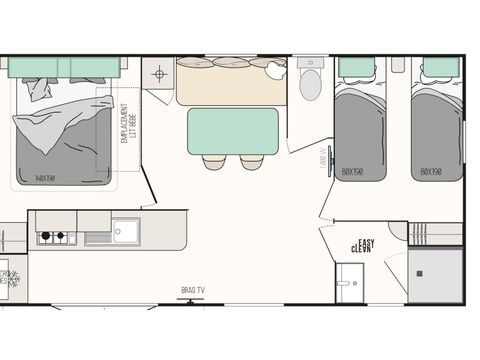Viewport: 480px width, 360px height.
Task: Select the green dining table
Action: [x=233, y=130]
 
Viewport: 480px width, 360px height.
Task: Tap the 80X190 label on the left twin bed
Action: [x=351, y=171]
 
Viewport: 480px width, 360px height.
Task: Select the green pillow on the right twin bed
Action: [x=437, y=69]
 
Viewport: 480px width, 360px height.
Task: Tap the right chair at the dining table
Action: [x=251, y=161]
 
